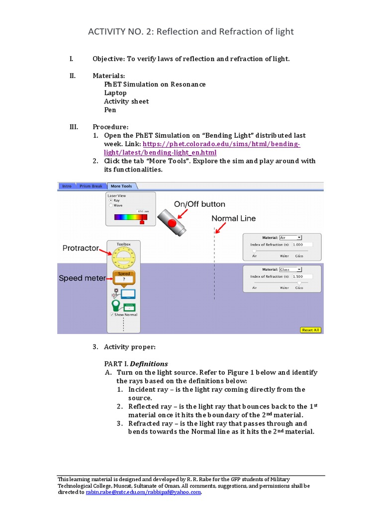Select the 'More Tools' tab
click(121, 186)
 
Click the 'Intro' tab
click(67, 186)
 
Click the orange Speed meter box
click(123, 277)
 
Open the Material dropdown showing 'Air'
click(290, 238)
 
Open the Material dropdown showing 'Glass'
click(290, 269)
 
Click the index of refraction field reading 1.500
click(302, 276)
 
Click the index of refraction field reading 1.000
click(302, 245)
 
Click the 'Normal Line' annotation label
click(233, 218)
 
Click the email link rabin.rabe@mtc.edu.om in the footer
click(114, 492)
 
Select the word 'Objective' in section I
click(108, 59)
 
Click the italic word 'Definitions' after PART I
click(149, 363)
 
